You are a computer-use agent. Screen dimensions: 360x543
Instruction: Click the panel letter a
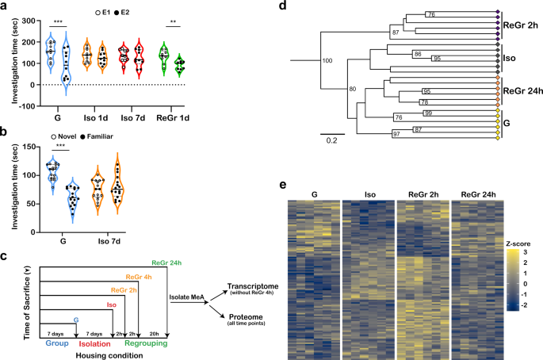point(6,7)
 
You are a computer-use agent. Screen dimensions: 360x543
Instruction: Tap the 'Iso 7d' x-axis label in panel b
point(108,236)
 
